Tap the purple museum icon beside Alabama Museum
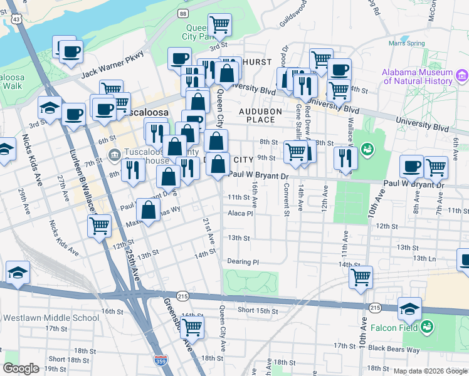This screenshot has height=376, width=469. click(x=463, y=76)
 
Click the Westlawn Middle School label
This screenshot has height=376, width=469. click(x=51, y=318)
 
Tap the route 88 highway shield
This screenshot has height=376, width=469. click(x=182, y=13)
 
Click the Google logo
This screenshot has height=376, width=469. click(x=21, y=368)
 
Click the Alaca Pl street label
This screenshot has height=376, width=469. click(x=240, y=213)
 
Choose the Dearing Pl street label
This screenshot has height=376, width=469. click(x=243, y=262)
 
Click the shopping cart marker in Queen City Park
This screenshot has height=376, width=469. click(x=220, y=24)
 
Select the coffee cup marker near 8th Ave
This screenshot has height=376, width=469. click(x=412, y=166)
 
